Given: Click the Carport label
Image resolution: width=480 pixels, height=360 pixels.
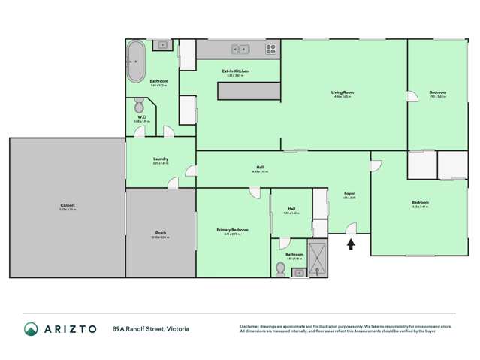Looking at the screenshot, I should [x=68, y=205].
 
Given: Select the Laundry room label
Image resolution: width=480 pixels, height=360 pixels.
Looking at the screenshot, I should [x=160, y=159].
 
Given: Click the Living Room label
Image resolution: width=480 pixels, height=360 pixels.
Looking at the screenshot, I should [x=343, y=92].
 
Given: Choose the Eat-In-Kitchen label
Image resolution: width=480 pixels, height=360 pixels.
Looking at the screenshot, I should [x=235, y=71].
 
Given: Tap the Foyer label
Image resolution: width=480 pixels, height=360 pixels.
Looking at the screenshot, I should [x=349, y=194].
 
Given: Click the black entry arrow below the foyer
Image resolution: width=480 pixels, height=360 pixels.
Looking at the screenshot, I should [x=349, y=243].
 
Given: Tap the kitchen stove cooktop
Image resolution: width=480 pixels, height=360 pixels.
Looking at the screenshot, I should [x=271, y=49].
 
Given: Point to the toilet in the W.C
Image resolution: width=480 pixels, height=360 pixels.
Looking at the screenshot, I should [x=140, y=104].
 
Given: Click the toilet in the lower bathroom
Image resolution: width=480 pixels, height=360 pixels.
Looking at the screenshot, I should [x=281, y=269].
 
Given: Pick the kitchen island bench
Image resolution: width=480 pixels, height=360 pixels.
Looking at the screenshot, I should [x=249, y=90].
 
